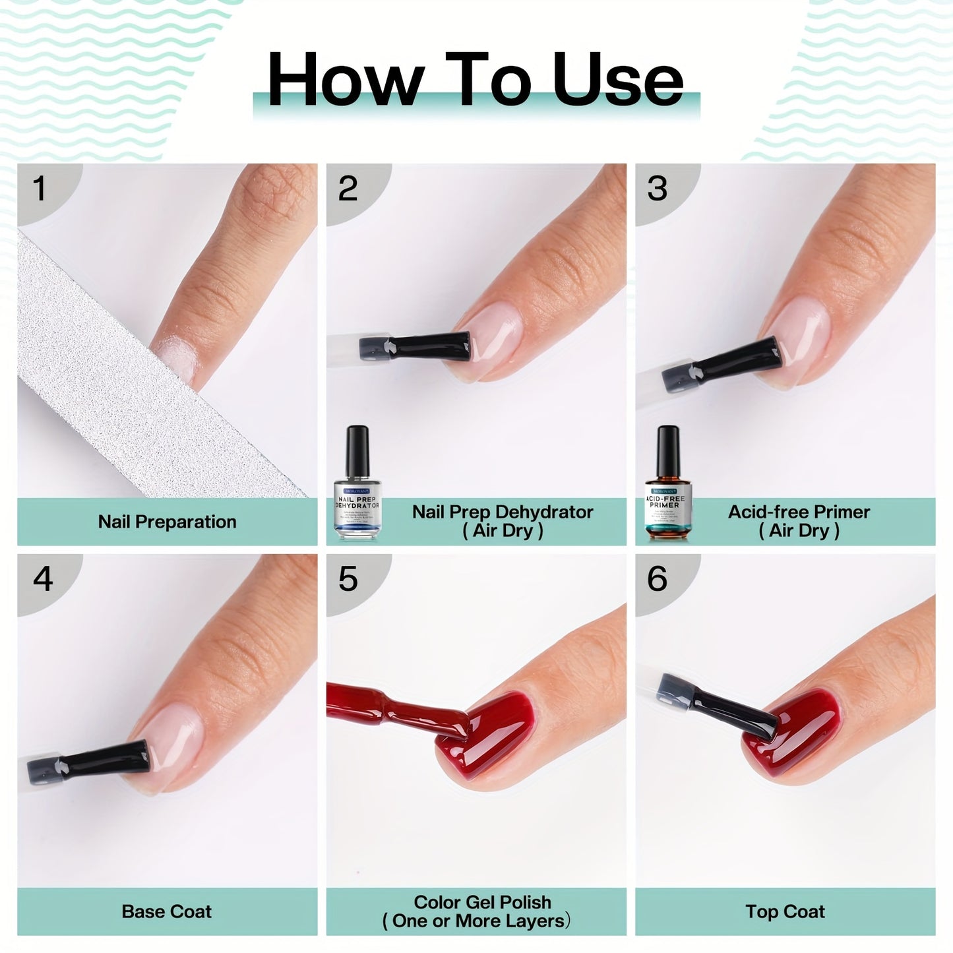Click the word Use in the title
pyautogui.click(x=617, y=80)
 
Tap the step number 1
pyautogui.click(x=40, y=189)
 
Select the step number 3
pyautogui.click(x=657, y=189)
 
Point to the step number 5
pyautogui.click(x=348, y=579)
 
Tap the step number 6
pyautogui.click(x=657, y=578)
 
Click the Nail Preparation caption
pyautogui.click(x=167, y=522)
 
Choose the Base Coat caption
pyautogui.click(x=167, y=911)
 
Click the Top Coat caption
pyautogui.click(x=785, y=911)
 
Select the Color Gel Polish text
pyautogui.click(x=482, y=902)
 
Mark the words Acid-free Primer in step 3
pyautogui.click(x=799, y=512)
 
